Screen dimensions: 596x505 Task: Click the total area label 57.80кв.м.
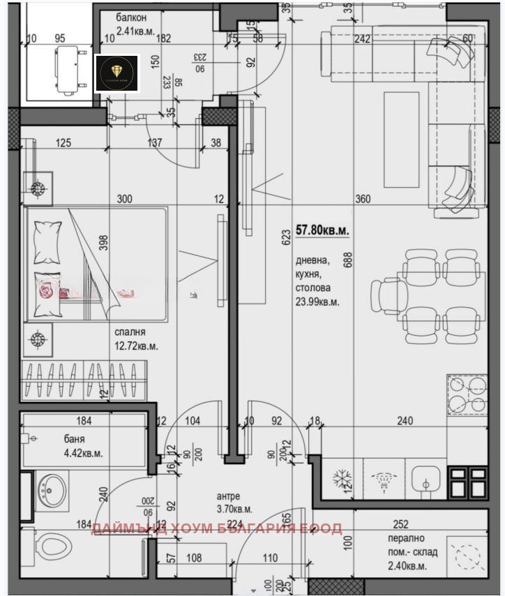[323, 229]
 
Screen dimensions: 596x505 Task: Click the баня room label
[73, 440]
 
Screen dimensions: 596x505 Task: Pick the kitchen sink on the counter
[424, 481]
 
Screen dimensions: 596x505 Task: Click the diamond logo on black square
[116, 73]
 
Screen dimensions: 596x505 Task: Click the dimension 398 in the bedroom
[103, 243]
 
